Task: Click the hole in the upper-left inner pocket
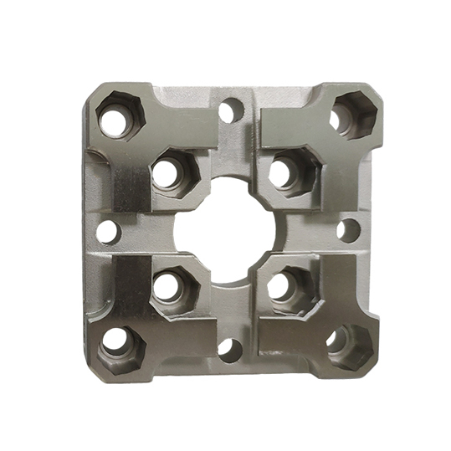click(167, 173)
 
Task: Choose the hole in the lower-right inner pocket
click(279, 284)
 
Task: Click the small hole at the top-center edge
click(232, 110)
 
